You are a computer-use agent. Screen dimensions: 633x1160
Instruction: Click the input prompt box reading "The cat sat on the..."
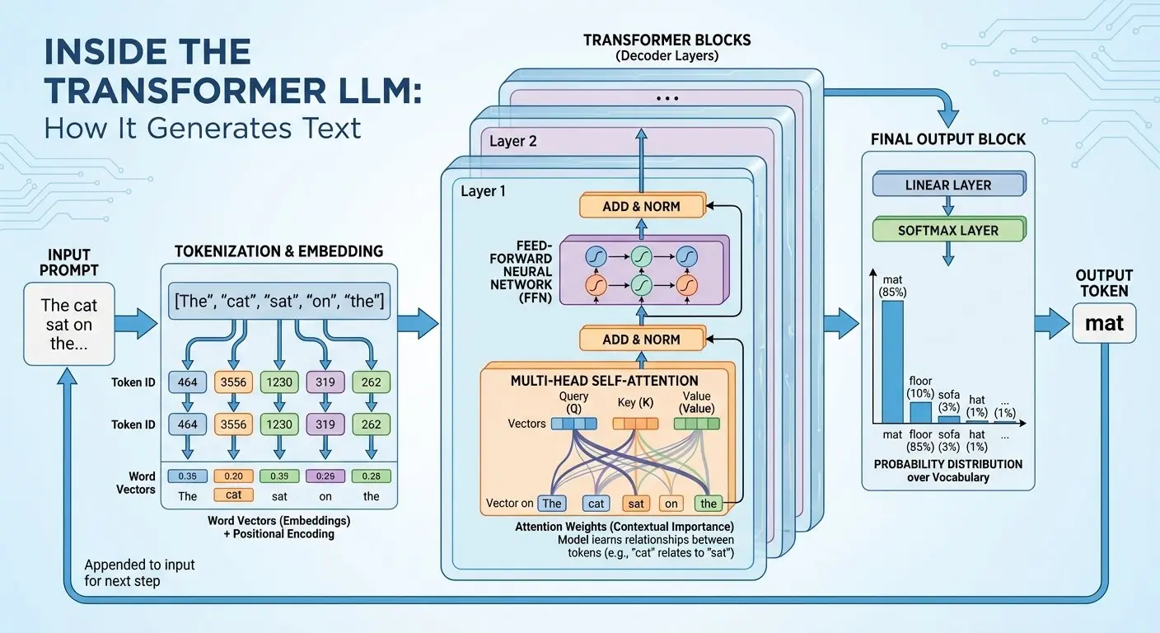pos(68,323)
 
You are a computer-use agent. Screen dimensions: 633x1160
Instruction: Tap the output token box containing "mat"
pos(1104,323)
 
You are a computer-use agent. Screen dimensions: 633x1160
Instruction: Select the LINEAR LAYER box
pos(948,185)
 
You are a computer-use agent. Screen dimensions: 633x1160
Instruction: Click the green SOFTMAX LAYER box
pos(948,231)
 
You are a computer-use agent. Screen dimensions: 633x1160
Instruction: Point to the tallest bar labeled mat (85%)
pos(892,361)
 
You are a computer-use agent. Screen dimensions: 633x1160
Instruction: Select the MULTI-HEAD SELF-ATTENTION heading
pos(604,381)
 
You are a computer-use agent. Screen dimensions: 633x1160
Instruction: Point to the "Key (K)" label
pos(635,403)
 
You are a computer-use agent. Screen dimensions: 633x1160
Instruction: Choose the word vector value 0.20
pos(233,476)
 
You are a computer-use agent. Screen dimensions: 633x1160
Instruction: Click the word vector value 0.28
pos(371,476)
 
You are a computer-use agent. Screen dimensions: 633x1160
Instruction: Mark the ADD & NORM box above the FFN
pos(641,206)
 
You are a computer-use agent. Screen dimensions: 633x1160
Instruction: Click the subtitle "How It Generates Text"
pos(203,128)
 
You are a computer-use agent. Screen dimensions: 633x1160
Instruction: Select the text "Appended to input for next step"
pos(139,572)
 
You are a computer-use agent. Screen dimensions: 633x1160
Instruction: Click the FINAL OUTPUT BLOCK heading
pos(948,139)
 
